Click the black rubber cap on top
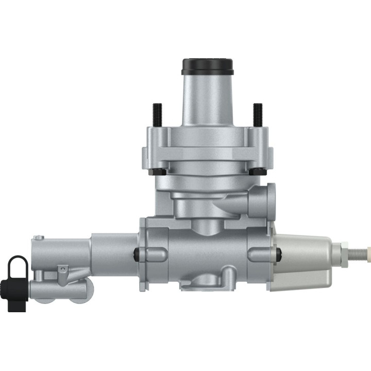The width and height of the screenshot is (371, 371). pyautogui.click(x=208, y=66)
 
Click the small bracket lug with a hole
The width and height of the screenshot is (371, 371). pyautogui.click(x=62, y=270)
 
